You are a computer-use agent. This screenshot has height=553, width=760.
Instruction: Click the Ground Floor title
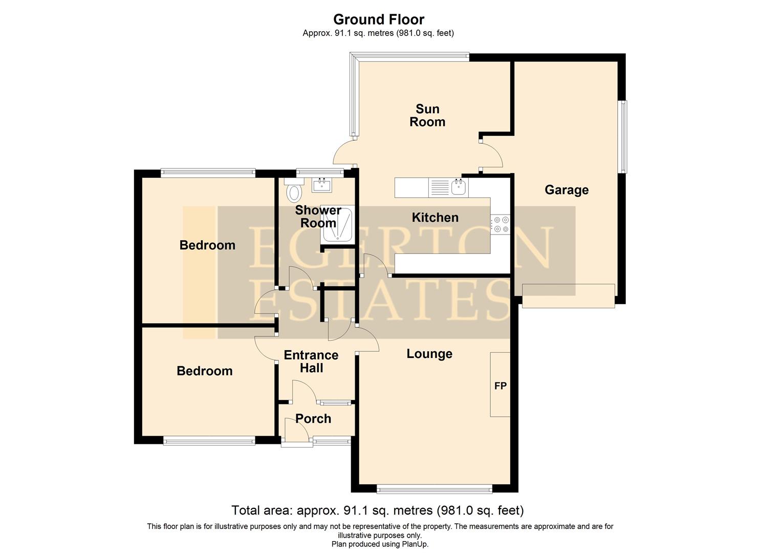click(x=379, y=19)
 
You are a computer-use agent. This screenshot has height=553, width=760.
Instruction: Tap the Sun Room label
click(x=427, y=115)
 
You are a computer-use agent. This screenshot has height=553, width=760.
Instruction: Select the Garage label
click(x=566, y=190)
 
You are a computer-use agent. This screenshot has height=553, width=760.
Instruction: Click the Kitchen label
click(x=435, y=218)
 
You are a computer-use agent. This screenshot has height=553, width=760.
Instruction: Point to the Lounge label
click(x=429, y=354)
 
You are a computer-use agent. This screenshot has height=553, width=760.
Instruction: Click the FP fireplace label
click(x=500, y=386)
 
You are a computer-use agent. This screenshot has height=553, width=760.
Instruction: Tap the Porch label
click(x=313, y=419)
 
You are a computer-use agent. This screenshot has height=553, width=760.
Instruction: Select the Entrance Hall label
click(x=311, y=361)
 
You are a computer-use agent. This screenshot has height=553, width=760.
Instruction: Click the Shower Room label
click(x=318, y=217)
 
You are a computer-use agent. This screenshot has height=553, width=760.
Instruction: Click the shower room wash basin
click(x=322, y=184)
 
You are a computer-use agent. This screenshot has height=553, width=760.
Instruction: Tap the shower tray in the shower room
click(x=337, y=224)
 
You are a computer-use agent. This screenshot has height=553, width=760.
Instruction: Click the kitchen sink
click(x=459, y=187)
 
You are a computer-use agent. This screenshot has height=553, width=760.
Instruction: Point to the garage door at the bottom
click(x=568, y=296)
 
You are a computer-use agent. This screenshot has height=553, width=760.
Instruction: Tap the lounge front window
click(x=434, y=490)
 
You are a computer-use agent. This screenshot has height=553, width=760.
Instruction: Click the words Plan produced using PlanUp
click(x=380, y=544)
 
